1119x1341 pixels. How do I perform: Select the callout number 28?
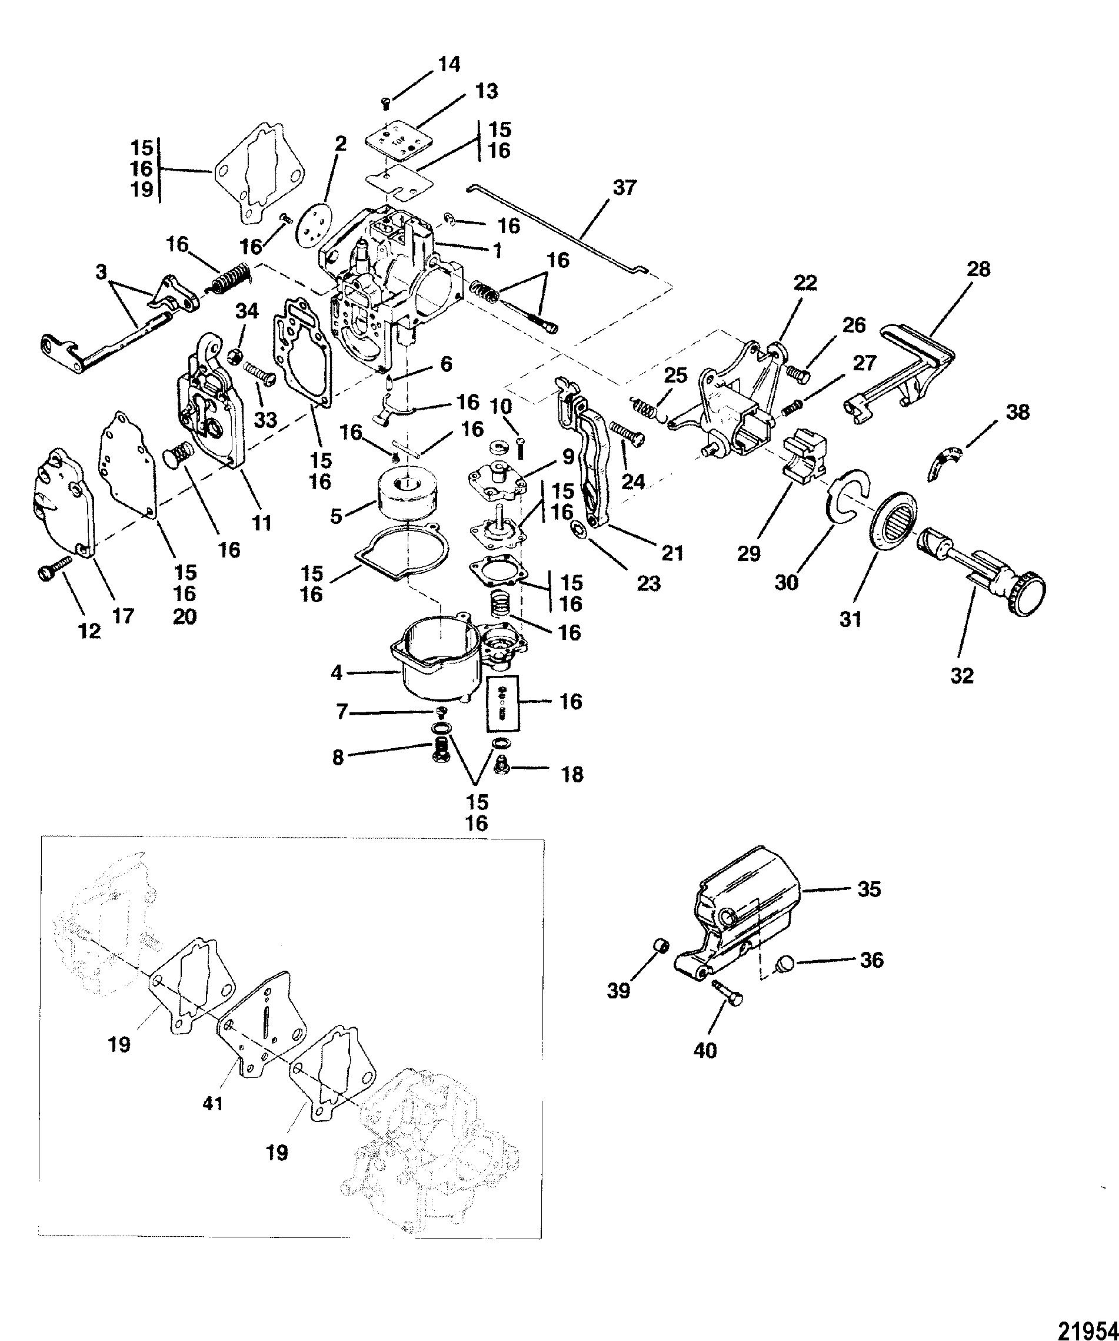coord(978,270)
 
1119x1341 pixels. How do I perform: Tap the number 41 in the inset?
coord(212,1103)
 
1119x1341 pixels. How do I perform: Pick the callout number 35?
coord(869,889)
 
